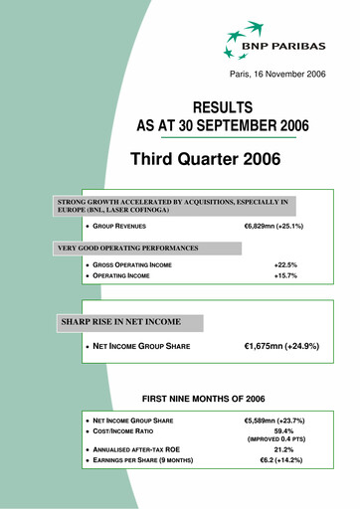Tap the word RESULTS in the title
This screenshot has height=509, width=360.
pyautogui.click(x=222, y=107)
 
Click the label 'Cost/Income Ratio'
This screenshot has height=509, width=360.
pyautogui.click(x=130, y=432)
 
